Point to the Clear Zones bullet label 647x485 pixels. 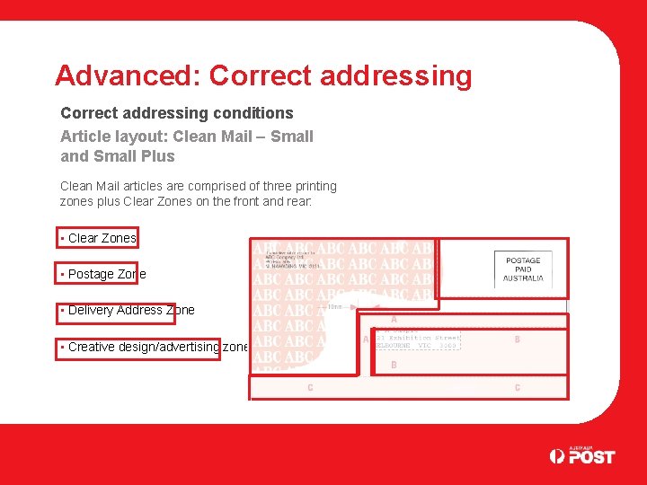point(102,238)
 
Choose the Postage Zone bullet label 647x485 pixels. point(106,274)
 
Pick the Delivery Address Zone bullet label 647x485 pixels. point(130,310)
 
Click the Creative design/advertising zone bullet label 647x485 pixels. point(157,347)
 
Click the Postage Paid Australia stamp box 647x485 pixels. point(523,269)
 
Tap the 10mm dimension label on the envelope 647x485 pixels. point(333,306)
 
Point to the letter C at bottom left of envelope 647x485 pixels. point(310,388)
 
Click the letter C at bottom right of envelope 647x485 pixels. point(517,388)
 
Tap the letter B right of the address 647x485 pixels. point(517,339)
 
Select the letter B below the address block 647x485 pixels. point(394,366)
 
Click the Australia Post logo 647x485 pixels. point(582,455)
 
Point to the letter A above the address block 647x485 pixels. point(394,319)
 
